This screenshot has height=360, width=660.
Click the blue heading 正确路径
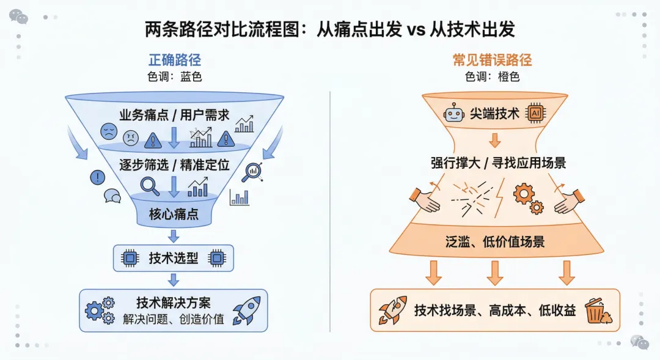pyautogui.click(x=174, y=60)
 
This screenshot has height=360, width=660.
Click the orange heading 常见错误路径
pyautogui.click(x=492, y=60)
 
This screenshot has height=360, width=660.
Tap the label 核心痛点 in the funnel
pyautogui.click(x=174, y=215)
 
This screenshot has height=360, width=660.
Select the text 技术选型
pyautogui.click(x=174, y=259)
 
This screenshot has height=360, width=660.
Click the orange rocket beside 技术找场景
pyautogui.click(x=392, y=310)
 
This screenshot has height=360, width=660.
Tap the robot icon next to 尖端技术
pyautogui.click(x=453, y=113)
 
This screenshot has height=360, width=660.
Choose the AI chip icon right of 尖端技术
pyautogui.click(x=536, y=113)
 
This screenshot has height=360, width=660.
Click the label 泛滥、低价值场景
pyautogui.click(x=495, y=241)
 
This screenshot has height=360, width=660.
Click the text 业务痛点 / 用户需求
pyautogui.click(x=174, y=115)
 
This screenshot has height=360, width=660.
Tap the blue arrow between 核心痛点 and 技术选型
pyautogui.click(x=174, y=236)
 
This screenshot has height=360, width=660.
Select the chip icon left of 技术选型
pyautogui.click(x=129, y=259)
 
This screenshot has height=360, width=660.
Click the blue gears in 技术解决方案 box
pyautogui.click(x=100, y=310)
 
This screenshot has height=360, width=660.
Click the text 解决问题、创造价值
pyautogui.click(x=173, y=319)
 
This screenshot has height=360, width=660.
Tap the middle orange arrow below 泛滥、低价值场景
pyautogui.click(x=495, y=273)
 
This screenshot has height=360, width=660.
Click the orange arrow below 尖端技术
pyautogui.click(x=495, y=140)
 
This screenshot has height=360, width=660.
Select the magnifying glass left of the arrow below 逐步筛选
pyautogui.click(x=150, y=185)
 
